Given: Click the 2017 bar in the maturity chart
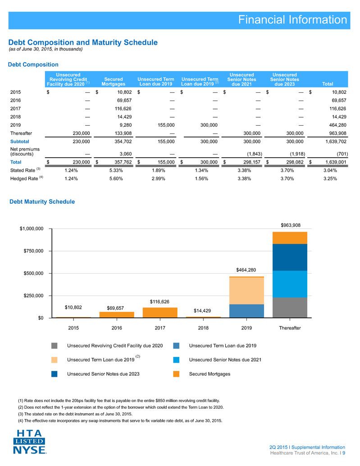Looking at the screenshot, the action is point(160,312).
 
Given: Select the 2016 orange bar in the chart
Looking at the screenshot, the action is point(117,315).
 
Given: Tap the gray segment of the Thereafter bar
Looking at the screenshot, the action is point(290,308).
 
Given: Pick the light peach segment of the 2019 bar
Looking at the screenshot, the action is point(246,291).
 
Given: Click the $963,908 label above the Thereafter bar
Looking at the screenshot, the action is point(291,225).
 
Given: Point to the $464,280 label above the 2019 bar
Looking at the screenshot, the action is point(246,270).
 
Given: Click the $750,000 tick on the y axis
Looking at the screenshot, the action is point(33,251).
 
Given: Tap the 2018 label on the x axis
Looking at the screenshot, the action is point(203,328).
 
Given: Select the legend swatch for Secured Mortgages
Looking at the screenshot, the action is point(176,374).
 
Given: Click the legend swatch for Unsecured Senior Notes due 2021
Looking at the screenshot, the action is point(176,360).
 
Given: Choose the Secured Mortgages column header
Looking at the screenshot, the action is point(114,82).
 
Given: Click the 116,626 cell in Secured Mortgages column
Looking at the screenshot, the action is point(123,109).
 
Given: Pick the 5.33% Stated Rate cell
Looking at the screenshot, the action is point(116,171).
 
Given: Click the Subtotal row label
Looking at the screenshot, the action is point(20,142).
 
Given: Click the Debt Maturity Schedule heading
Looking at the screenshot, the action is point(42,201).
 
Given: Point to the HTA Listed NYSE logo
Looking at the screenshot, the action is point(29,442).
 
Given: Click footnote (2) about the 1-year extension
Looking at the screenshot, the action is point(121,407).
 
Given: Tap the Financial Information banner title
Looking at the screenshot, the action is point(292,20).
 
